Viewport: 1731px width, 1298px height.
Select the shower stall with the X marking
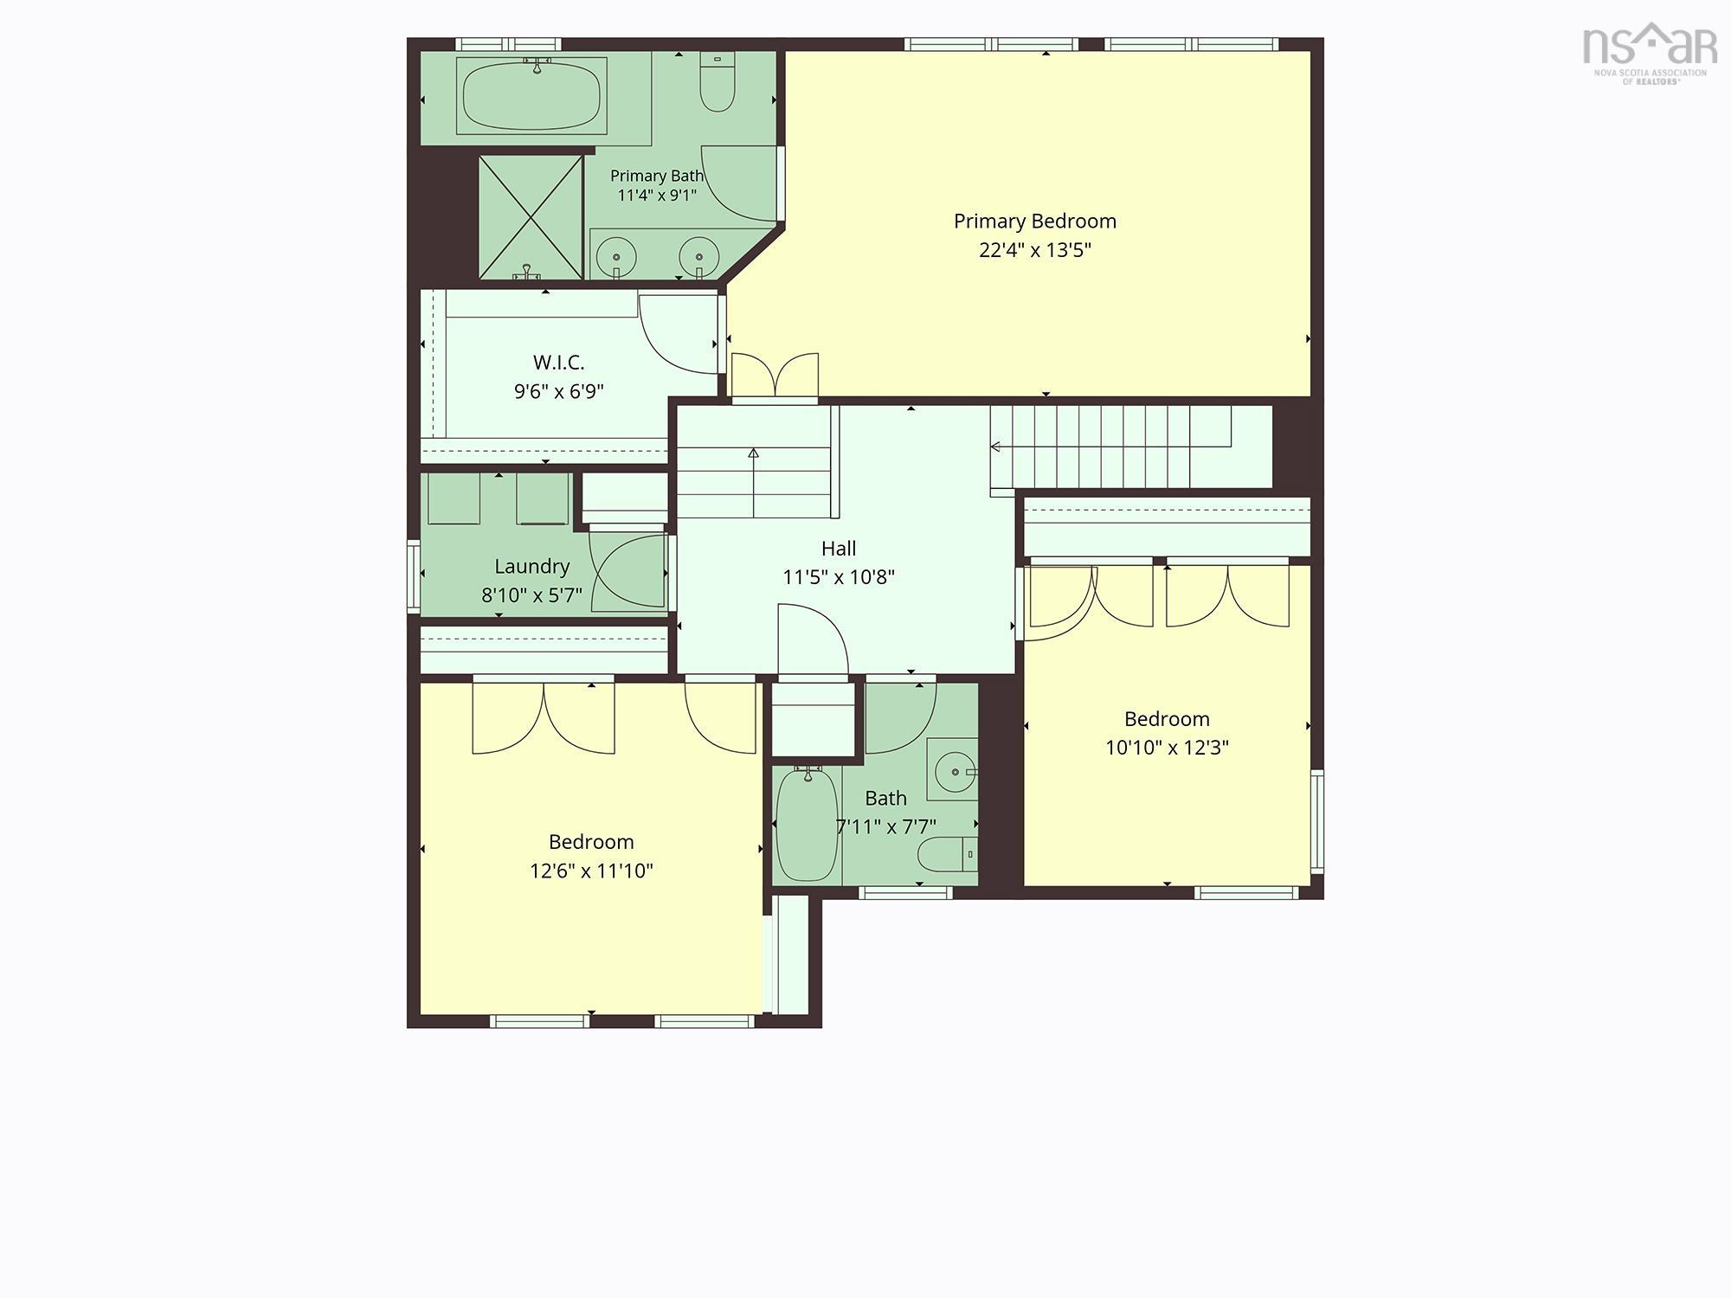click(531, 217)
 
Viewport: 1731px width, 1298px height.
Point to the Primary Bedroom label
click(1035, 222)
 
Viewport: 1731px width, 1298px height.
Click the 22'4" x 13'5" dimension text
click(1035, 250)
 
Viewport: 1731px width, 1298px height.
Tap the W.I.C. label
click(558, 363)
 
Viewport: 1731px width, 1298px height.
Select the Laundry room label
click(531, 567)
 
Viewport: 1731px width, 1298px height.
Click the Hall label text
click(839, 549)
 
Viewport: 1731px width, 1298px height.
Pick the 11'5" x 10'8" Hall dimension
click(839, 577)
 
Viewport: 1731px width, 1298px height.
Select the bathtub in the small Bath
click(808, 825)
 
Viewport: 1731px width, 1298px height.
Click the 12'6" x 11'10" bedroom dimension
click(591, 871)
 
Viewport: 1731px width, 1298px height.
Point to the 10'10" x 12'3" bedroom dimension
click(1167, 748)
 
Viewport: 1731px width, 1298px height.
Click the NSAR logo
click(1650, 52)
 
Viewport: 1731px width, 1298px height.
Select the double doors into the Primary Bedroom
click(775, 376)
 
